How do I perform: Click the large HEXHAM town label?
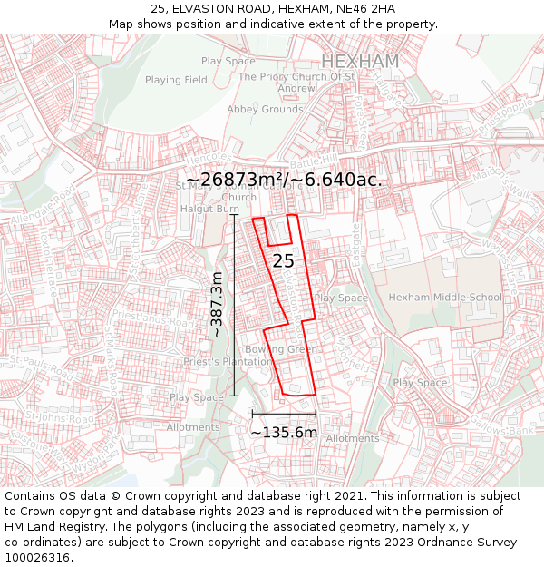click(x=360, y=61)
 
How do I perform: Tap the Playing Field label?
click(x=176, y=80)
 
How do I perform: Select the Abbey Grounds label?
click(x=265, y=109)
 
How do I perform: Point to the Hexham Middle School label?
click(x=444, y=297)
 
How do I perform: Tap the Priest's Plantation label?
click(x=227, y=361)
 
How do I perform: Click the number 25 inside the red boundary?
click(x=283, y=260)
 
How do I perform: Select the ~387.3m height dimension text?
click(x=217, y=305)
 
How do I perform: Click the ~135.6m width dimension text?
click(x=284, y=432)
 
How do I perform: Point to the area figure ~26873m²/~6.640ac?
click(x=284, y=180)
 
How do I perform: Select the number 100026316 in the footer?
click(x=37, y=557)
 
